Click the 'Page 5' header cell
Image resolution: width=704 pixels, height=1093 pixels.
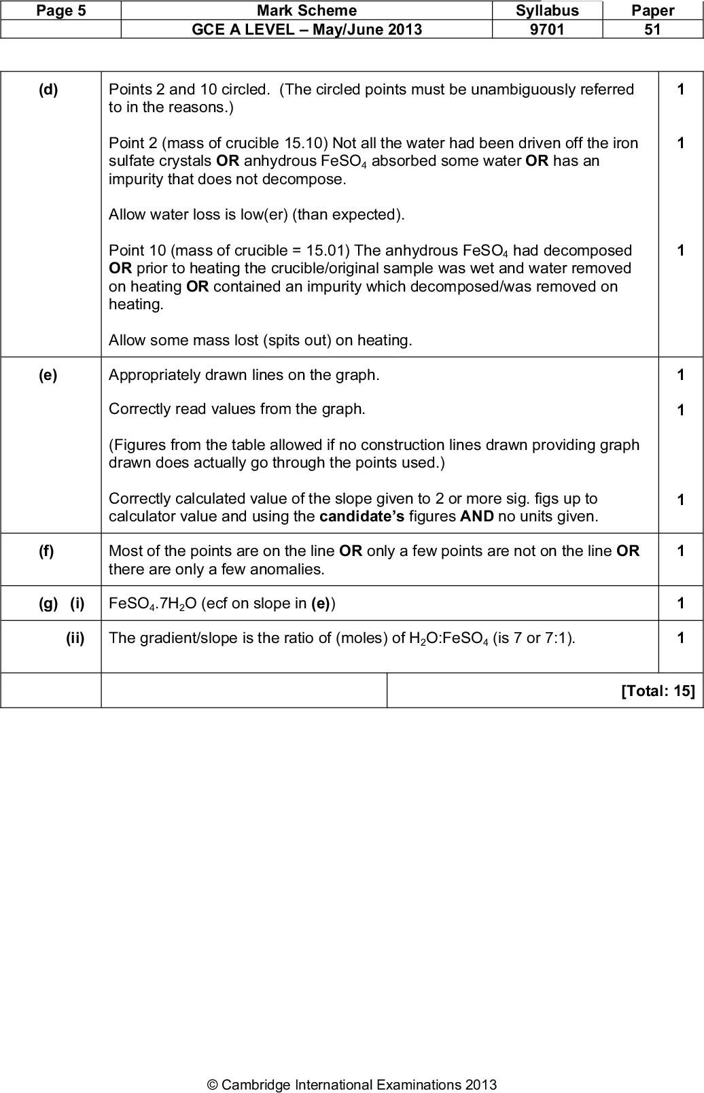tap(61, 10)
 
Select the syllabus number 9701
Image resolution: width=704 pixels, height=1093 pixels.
tap(547, 29)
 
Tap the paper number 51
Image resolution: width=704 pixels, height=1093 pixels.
tap(652, 29)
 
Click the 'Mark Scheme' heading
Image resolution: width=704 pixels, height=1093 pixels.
tap(306, 10)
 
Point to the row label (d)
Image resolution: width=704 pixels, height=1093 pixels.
tap(48, 90)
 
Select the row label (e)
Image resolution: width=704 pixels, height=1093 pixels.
tap(48, 375)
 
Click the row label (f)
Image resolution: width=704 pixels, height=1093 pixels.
tap(46, 551)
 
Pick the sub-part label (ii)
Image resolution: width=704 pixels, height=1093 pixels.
tap(75, 638)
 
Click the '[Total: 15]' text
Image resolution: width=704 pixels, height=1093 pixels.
tap(658, 691)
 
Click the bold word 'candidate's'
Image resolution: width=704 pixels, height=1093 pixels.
tap(362, 517)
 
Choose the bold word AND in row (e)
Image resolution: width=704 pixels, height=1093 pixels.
tap(476, 517)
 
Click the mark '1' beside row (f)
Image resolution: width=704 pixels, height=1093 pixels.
tap(680, 551)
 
